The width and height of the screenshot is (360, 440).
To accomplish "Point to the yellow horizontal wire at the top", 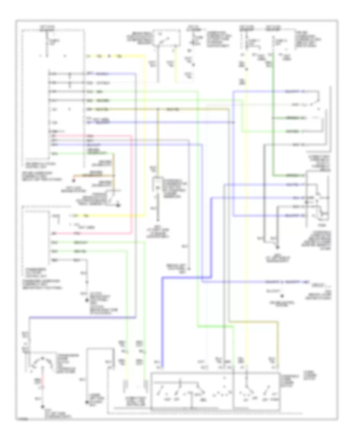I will [x=116, y=56].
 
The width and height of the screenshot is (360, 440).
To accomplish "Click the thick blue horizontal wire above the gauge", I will [x=80, y=318].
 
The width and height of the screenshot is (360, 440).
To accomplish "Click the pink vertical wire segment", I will [x=131, y=184].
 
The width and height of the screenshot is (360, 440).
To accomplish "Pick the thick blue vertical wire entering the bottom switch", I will [x=162, y=320].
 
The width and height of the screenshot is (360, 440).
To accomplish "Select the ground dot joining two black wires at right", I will [x=279, y=248].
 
